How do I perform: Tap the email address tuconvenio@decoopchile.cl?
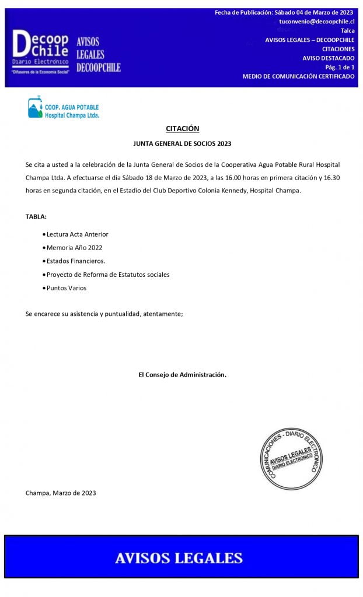point(316,21)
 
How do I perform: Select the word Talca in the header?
point(347,30)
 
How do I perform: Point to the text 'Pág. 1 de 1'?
point(340,67)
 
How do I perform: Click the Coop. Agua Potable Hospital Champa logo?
point(64,108)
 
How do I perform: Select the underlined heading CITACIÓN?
point(182,128)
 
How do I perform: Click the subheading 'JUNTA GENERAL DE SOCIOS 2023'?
point(182,143)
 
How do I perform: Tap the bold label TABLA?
point(36,216)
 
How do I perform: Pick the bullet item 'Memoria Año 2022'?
point(74,248)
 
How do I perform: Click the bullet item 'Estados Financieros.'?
point(76,261)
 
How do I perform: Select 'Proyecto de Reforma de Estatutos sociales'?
point(108,275)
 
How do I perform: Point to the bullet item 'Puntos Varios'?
point(67,288)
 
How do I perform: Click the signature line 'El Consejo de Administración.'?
point(182,375)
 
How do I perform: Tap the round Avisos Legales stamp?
point(291,458)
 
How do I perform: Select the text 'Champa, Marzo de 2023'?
point(61,493)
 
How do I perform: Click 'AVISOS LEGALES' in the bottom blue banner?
point(179,557)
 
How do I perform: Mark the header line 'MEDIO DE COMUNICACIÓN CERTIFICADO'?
point(298,76)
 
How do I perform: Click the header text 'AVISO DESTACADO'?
point(328,58)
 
